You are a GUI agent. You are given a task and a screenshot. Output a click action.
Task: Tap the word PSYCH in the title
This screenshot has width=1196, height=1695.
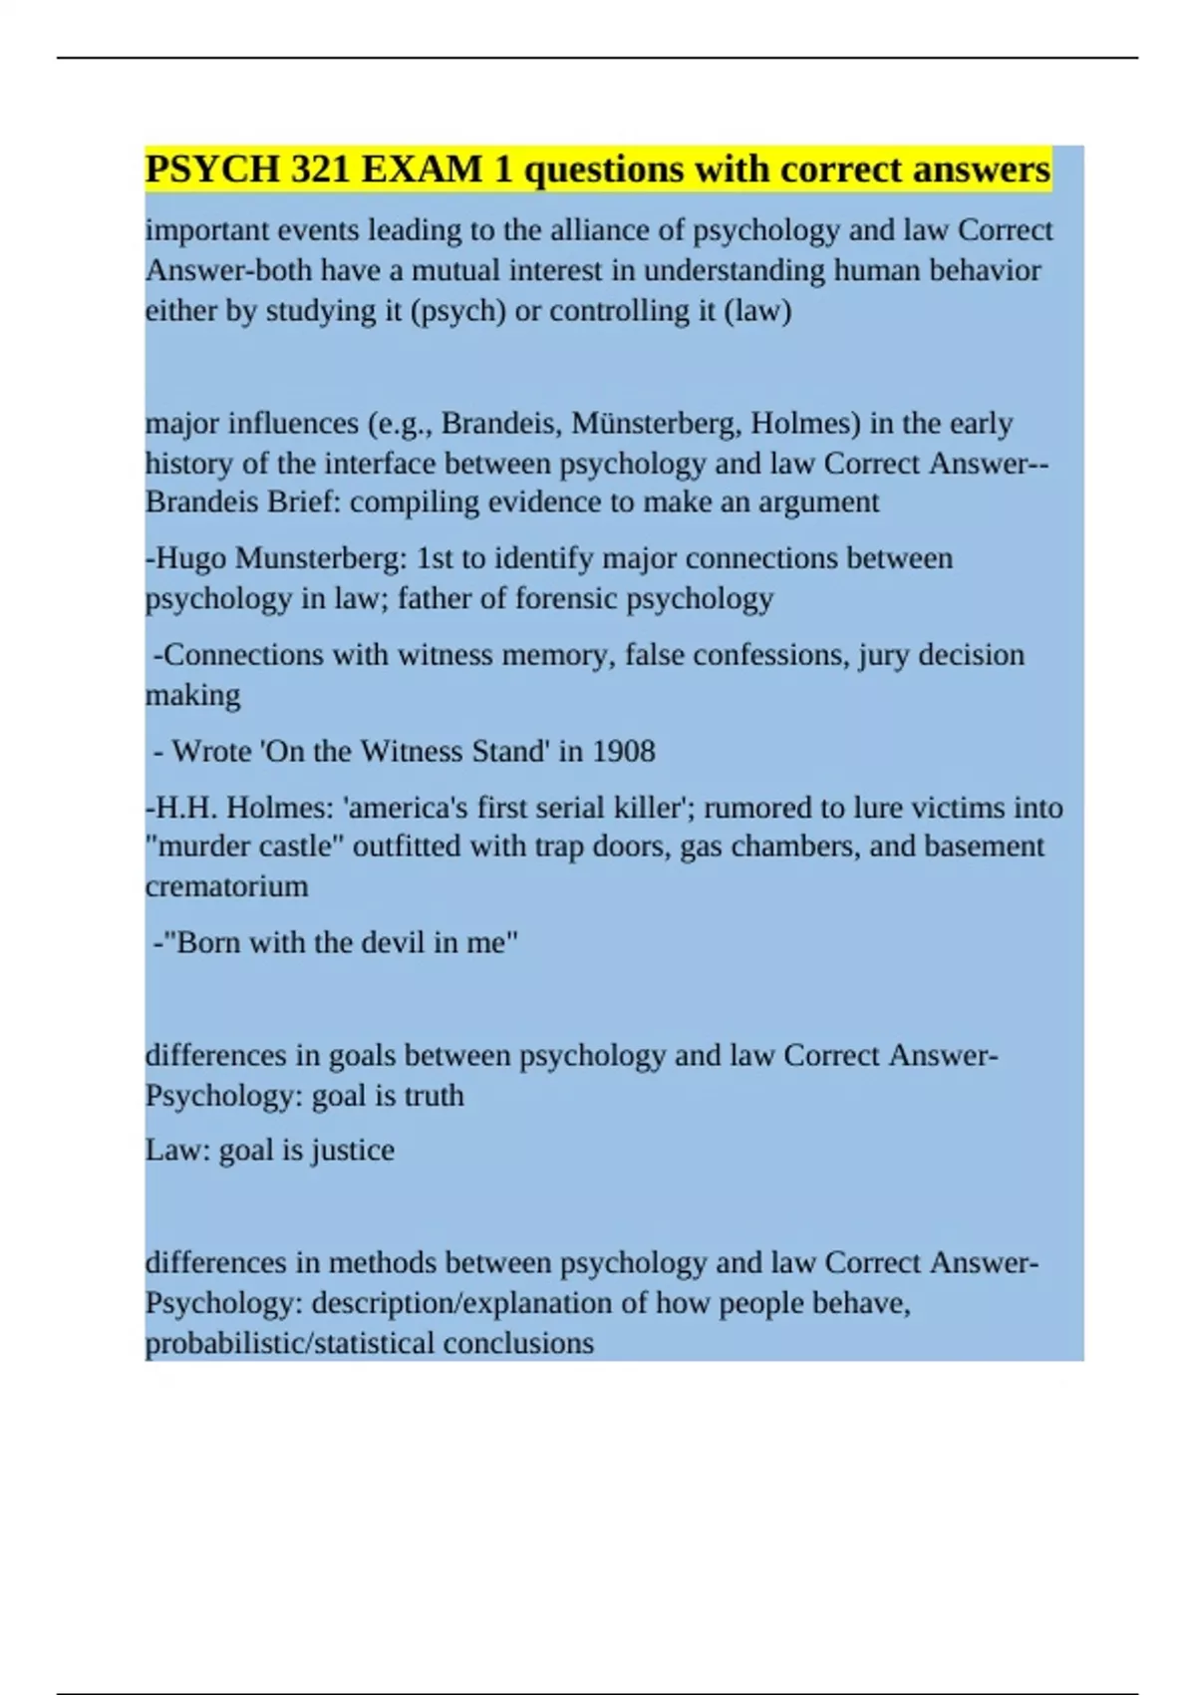tap(212, 169)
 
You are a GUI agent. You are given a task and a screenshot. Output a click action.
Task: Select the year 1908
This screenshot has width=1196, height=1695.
tap(623, 751)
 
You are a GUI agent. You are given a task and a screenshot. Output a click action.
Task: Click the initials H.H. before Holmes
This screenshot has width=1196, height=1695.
tap(187, 808)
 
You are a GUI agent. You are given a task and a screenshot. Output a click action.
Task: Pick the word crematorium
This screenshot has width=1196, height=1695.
tap(226, 886)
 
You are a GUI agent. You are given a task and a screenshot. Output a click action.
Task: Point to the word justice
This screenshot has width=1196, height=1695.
tap(352, 1151)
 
